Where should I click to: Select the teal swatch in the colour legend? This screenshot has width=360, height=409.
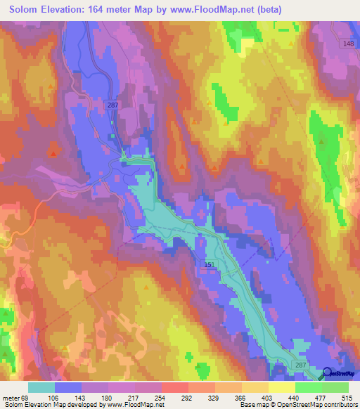click(x=41, y=387)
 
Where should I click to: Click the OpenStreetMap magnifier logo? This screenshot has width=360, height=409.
click(x=327, y=375)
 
